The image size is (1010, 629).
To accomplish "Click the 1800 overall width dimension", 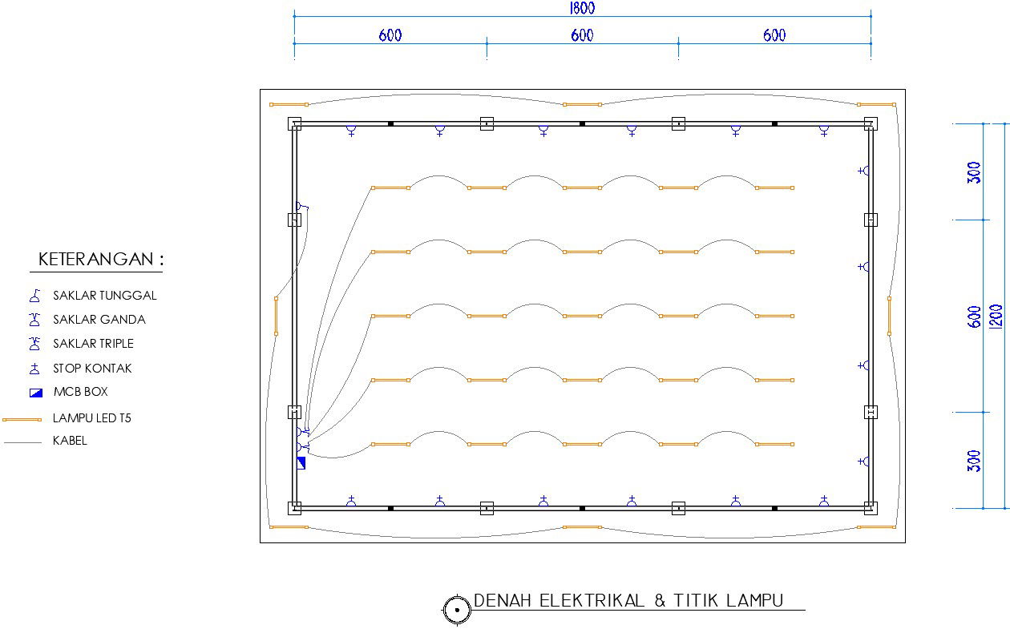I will (x=582, y=8).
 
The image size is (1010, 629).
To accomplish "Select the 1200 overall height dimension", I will (x=996, y=317).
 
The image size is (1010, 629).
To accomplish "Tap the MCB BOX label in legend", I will (x=80, y=392).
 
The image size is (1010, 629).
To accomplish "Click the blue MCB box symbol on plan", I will (x=301, y=462).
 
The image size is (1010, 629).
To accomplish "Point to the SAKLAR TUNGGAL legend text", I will (x=105, y=295).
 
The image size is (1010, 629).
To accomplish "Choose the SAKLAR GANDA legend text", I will (x=99, y=319).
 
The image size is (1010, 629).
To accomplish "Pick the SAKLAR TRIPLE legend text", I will (x=93, y=343).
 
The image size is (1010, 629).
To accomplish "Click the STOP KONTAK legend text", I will (x=92, y=369).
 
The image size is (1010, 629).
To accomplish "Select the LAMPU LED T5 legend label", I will (x=91, y=417).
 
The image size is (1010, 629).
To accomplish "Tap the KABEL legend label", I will (x=70, y=440).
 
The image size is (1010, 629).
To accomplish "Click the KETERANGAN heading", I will (x=101, y=260).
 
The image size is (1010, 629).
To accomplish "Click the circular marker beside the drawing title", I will (x=457, y=610).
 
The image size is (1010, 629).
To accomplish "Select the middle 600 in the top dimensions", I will (x=583, y=35).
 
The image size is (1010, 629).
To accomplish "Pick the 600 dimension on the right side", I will (x=974, y=317).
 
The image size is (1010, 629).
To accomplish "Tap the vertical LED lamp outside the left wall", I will (x=276, y=316).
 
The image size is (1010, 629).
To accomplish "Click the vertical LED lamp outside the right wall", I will (x=889, y=316).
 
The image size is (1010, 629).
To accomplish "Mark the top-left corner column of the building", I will (x=294, y=123).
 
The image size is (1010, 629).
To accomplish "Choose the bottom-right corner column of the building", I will (x=871, y=508).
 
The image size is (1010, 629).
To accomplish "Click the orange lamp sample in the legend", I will (x=22, y=419).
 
